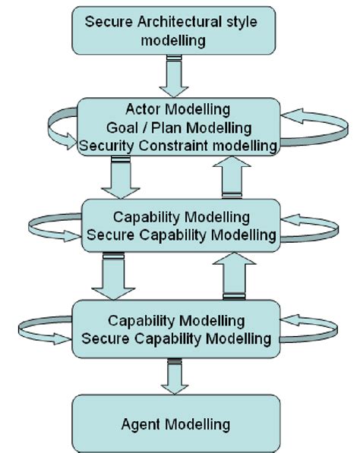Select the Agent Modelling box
[x=175, y=422]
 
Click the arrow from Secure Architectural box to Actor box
[x=175, y=74]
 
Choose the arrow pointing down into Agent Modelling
[x=174, y=380]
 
